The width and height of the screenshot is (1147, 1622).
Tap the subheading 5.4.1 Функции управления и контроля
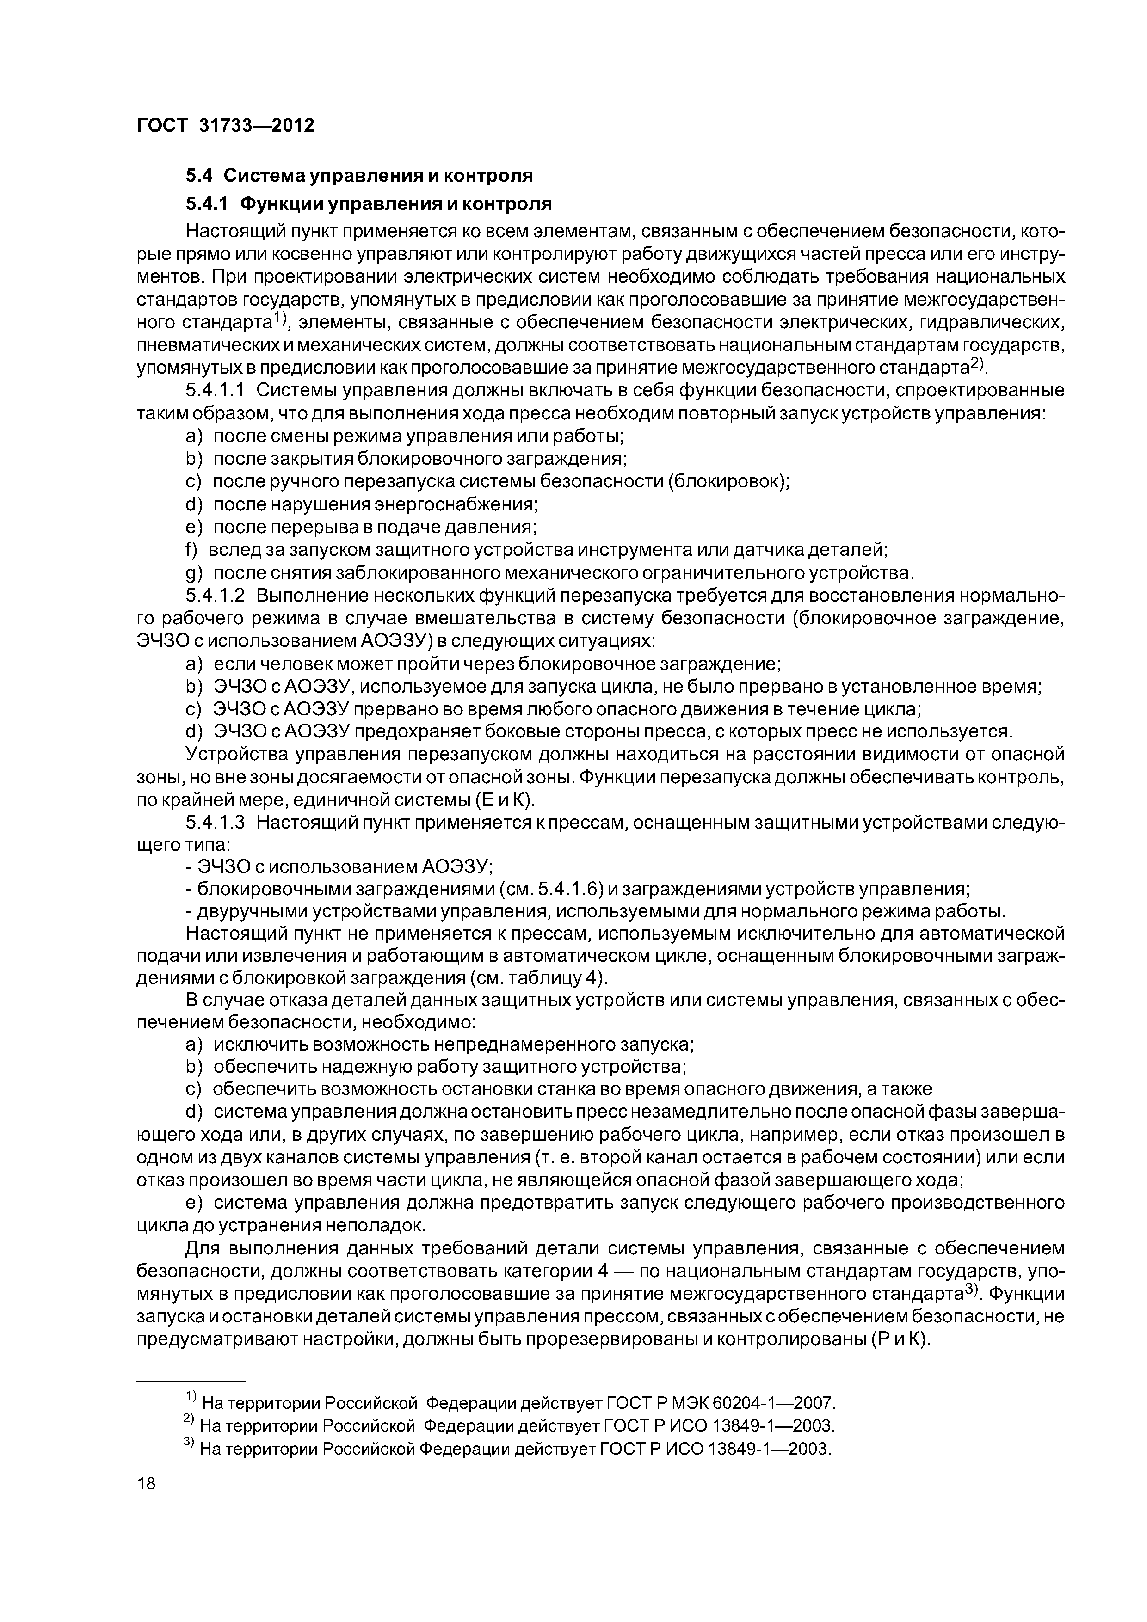368,204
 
